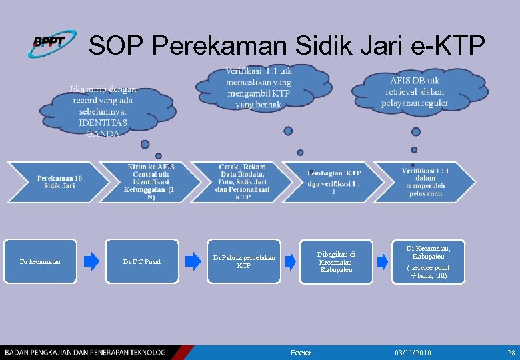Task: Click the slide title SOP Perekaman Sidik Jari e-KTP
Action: click(287, 45)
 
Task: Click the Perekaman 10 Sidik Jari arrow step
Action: click(59, 181)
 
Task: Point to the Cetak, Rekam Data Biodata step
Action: click(243, 181)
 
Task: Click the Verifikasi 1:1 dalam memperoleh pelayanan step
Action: click(424, 181)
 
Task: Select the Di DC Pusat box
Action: click(141, 261)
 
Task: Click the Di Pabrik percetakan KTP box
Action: click(244, 261)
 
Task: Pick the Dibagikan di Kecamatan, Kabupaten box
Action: click(336, 261)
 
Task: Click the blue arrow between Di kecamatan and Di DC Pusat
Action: click(91, 261)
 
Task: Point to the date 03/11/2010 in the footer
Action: click(413, 352)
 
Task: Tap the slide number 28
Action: click(511, 352)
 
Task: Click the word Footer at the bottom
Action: click(301, 352)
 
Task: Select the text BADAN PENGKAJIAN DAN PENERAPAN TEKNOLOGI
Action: click(85, 352)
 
